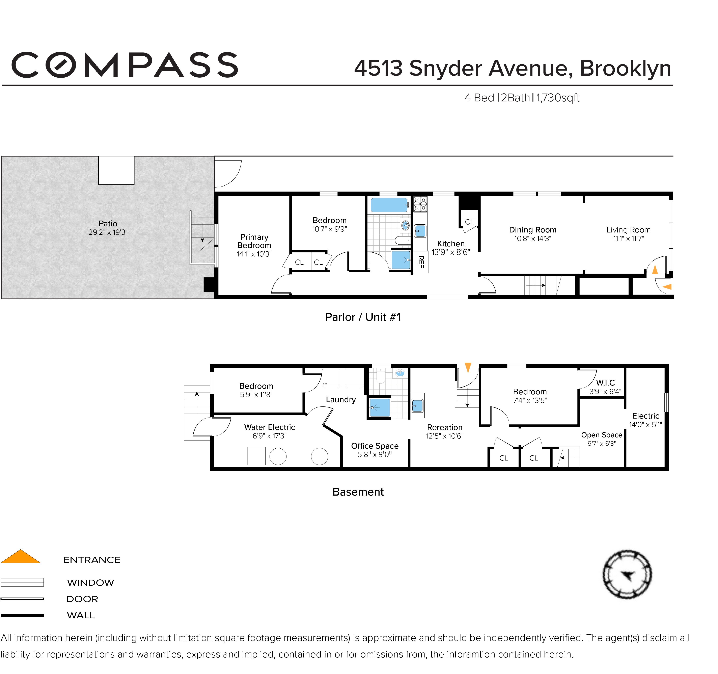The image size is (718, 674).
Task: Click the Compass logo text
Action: click(x=125, y=65)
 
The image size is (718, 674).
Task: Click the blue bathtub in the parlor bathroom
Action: click(x=389, y=205)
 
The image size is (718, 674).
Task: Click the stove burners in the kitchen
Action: click(x=420, y=204)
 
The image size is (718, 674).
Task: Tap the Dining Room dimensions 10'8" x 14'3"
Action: click(x=532, y=239)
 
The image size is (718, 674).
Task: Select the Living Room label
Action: click(x=628, y=230)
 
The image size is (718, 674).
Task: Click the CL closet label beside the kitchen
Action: click(x=469, y=222)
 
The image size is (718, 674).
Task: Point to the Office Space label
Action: click(x=375, y=446)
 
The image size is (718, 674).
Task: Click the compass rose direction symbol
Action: click(x=627, y=575)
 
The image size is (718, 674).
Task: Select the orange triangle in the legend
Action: click(x=21, y=557)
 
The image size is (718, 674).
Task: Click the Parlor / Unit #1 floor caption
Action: click(x=363, y=317)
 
